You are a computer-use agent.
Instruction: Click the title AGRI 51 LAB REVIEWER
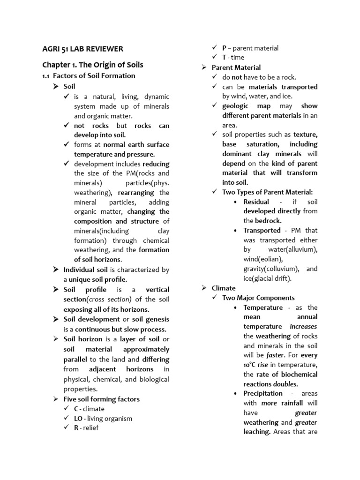[x=82, y=49]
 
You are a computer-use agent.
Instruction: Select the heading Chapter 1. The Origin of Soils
[x=93, y=65]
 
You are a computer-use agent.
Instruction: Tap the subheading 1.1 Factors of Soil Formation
[x=89, y=76]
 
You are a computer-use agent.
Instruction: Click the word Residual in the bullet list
[x=256, y=202]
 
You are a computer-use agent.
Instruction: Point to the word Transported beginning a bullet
[x=262, y=230]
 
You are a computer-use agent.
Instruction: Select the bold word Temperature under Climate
[x=263, y=307]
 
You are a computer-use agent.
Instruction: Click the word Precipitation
[x=263, y=393]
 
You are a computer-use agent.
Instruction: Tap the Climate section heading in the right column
[x=224, y=288]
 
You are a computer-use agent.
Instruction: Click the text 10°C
[x=252, y=365]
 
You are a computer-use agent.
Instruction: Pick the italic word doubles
[x=285, y=384]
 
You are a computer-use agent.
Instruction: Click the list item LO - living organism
[x=103, y=418]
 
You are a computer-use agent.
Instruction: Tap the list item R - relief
[x=86, y=427]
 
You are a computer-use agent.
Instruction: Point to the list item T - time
[x=233, y=57]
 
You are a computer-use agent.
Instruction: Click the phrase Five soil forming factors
[x=101, y=399]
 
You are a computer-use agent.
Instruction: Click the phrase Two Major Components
[x=258, y=298]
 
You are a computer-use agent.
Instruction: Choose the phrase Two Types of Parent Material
[x=267, y=192]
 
